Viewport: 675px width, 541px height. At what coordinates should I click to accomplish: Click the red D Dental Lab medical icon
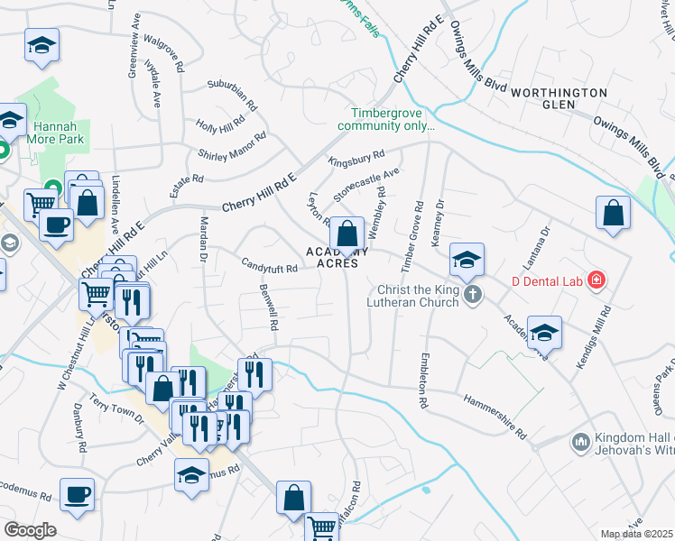(595, 280)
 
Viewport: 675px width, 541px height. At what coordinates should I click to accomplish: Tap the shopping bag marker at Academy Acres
(347, 234)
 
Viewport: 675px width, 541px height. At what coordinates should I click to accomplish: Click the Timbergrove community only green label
(393, 119)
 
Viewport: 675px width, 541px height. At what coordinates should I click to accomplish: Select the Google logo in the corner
(30, 530)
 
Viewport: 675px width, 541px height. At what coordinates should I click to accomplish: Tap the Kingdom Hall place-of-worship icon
(580, 442)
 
